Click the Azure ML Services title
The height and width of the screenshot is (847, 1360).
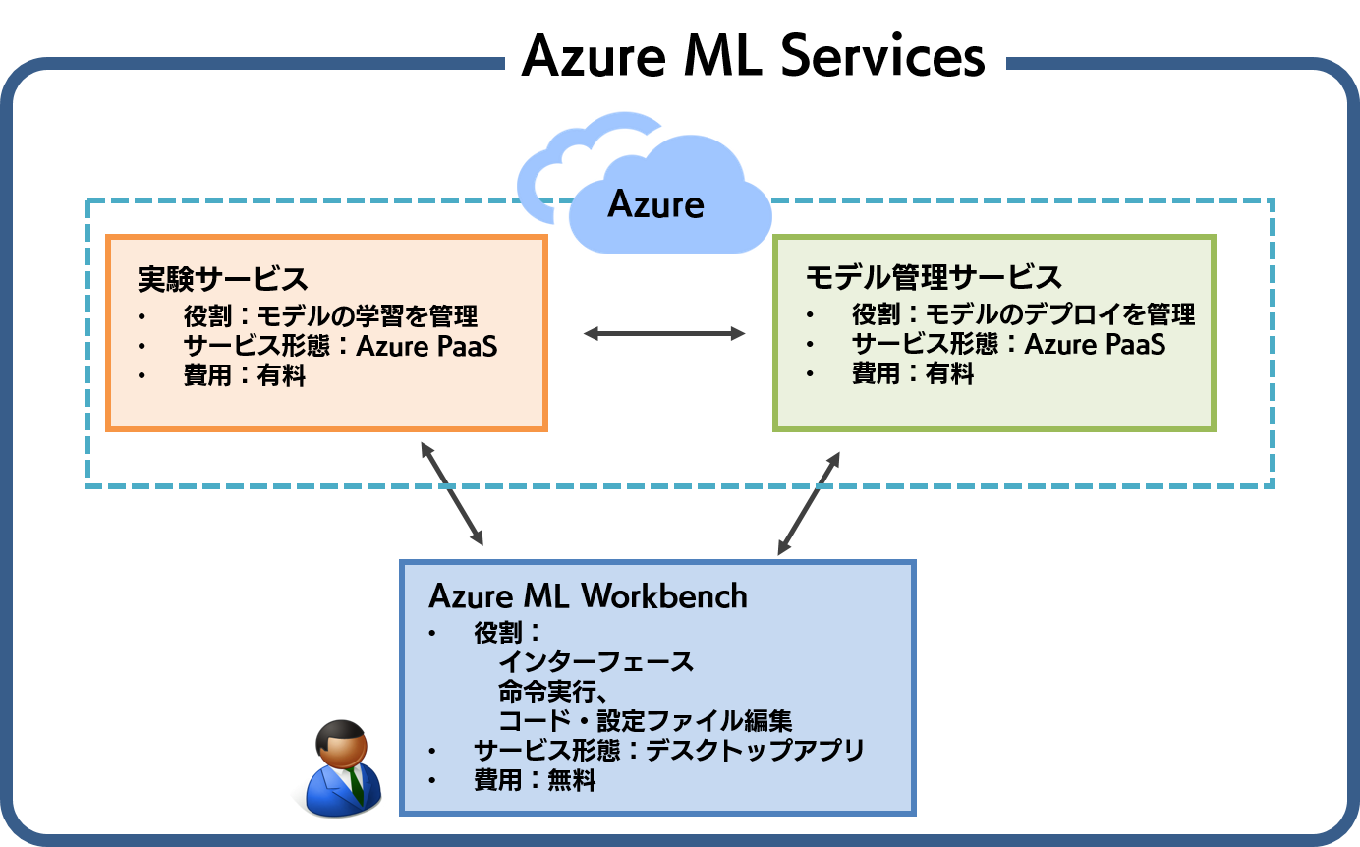pos(753,56)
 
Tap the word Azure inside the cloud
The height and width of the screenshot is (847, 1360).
pos(655,204)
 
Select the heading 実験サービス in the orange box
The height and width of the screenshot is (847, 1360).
pos(223,279)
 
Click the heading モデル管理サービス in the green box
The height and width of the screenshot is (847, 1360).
pos(934,277)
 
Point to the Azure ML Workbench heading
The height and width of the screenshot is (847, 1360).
pos(588,595)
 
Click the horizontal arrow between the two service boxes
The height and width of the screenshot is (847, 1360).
pos(664,333)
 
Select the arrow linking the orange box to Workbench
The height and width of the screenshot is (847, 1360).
pos(452,493)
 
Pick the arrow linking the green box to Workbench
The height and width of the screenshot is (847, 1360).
pos(809,503)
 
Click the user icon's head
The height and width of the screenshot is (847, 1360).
pos(341,745)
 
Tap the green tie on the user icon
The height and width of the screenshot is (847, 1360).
pos(357,787)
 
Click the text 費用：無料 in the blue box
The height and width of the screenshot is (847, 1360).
pos(535,779)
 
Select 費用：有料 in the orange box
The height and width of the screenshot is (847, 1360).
pos(245,374)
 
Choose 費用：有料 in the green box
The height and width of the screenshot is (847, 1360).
pos(913,372)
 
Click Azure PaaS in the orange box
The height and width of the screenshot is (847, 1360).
pos(426,346)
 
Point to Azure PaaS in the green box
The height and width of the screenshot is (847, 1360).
pos(1095,344)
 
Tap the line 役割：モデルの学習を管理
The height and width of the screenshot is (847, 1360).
pos(331,315)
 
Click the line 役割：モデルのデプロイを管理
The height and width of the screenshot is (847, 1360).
pos(1024,313)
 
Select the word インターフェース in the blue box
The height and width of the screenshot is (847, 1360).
pos(595,662)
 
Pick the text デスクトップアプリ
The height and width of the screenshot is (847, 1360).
pos(755,751)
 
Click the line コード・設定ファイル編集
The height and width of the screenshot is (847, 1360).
pos(646,720)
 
